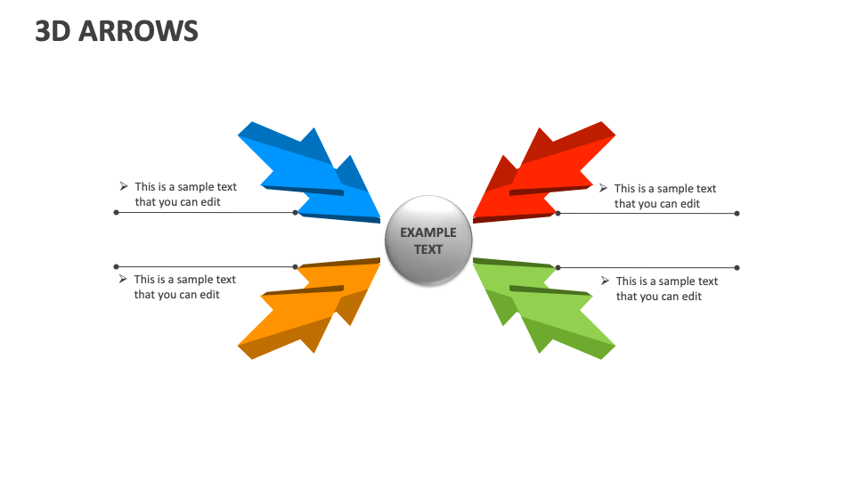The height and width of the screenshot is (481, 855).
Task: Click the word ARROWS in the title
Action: tap(139, 31)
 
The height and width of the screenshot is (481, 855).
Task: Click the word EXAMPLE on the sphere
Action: tap(427, 232)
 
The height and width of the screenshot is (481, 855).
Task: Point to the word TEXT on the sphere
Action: tap(427, 249)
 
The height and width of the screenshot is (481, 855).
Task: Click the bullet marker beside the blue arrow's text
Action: tap(124, 186)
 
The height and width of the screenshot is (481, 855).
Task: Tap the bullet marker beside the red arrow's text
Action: tap(603, 188)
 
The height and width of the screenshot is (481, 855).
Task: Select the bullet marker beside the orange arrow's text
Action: tap(124, 279)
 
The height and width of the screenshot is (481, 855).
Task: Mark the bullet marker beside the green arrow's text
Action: tap(605, 281)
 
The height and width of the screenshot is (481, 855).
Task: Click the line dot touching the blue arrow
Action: tap(296, 213)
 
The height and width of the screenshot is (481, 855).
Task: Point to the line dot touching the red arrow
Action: tap(558, 213)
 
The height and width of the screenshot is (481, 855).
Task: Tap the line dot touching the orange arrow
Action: tap(296, 266)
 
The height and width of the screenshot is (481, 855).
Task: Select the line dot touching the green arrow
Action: tap(558, 267)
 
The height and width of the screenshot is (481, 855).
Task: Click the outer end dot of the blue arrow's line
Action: tap(116, 213)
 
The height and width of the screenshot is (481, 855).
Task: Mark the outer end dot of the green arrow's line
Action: tap(737, 267)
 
